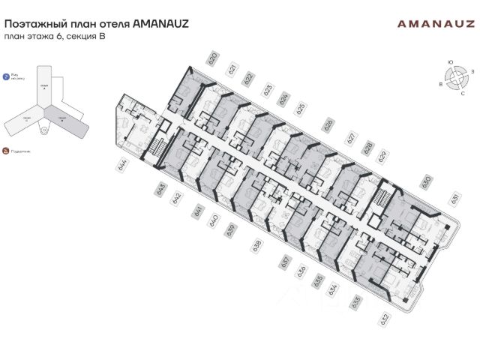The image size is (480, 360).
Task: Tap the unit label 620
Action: click(x=213, y=58)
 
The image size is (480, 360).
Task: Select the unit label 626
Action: click(x=327, y=123)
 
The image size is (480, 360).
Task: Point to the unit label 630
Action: click(x=425, y=181)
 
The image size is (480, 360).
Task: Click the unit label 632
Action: click(x=385, y=319)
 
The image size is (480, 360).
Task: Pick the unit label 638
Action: click(x=258, y=244)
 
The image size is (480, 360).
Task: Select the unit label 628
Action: click(x=368, y=147)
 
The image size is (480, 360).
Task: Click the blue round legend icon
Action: click(x=6, y=76)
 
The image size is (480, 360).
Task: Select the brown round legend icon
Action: click(x=6, y=151)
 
